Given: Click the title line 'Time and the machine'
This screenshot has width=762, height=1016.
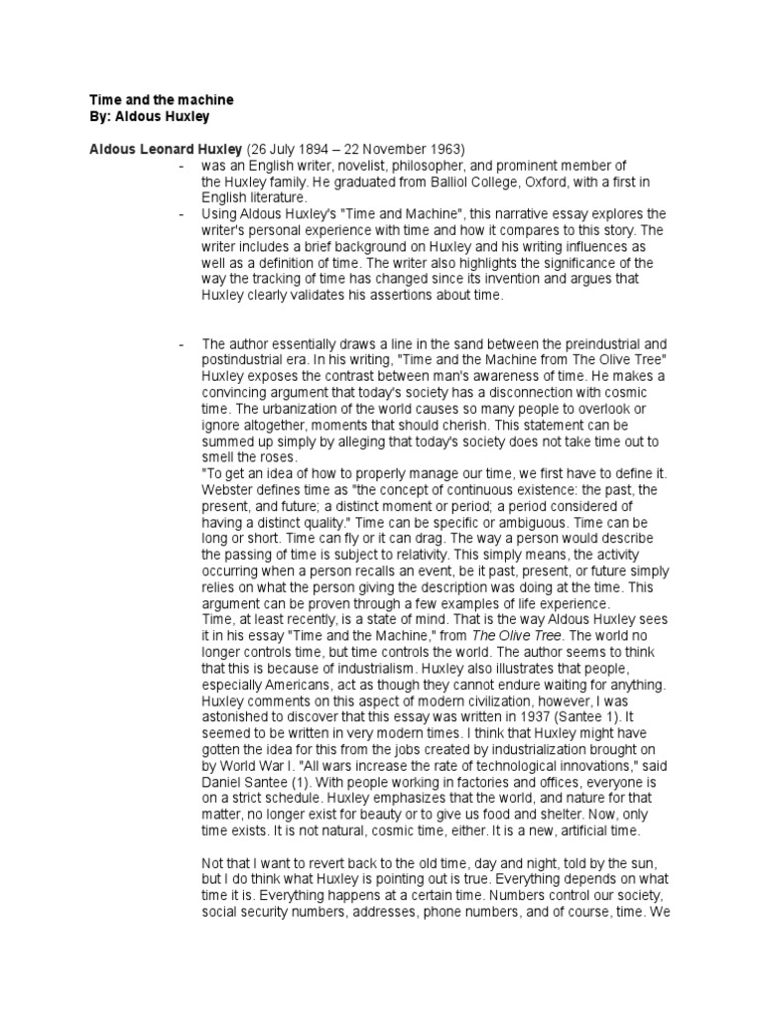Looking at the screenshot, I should (x=162, y=101).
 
